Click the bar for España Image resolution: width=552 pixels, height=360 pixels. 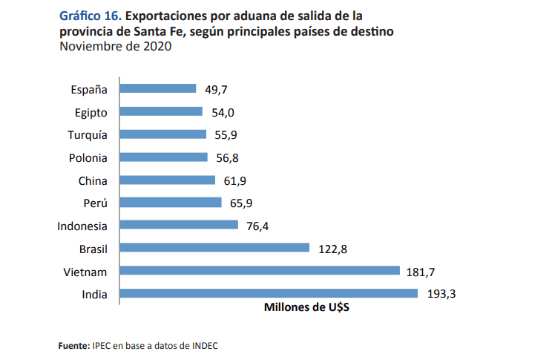click(x=157, y=89)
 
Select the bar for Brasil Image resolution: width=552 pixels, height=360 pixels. click(x=214, y=248)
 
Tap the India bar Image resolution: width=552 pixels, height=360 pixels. click(x=269, y=294)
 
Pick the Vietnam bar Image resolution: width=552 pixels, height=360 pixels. click(x=260, y=271)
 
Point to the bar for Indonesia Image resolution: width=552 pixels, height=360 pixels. click(x=178, y=225)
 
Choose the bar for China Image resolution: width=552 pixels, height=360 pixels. click(x=167, y=180)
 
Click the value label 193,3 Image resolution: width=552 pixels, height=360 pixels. click(x=441, y=294)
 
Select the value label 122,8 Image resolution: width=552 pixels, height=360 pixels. click(x=333, y=249)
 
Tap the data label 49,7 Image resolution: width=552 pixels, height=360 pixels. click(x=216, y=90)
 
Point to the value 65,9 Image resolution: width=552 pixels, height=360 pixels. click(x=241, y=203)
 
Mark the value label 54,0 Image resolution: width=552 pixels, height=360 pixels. click(x=223, y=112)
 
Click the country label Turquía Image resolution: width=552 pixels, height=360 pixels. click(x=87, y=135)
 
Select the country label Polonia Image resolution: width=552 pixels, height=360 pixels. click(x=88, y=157)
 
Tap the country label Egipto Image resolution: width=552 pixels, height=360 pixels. click(x=91, y=112)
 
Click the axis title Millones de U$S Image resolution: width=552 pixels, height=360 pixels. click(x=306, y=308)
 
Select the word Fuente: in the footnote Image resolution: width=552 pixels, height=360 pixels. click(x=73, y=345)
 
